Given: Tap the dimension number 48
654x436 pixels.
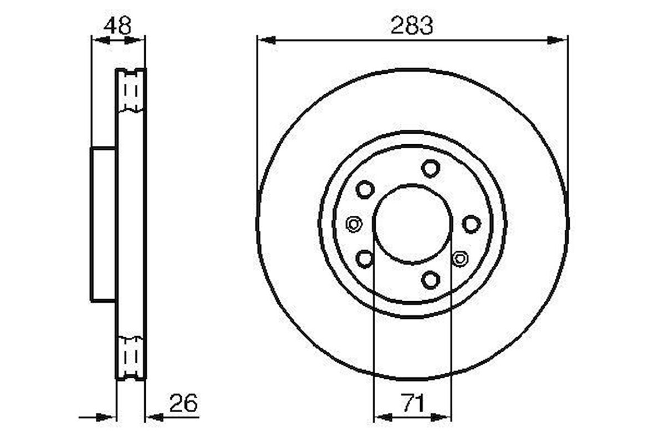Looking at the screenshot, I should pyautogui.click(x=117, y=26).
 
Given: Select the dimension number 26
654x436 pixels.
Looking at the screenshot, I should pyautogui.click(x=183, y=403).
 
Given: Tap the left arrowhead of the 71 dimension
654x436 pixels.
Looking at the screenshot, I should pyautogui.click(x=382, y=417).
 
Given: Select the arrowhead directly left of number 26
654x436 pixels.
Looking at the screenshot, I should pyautogui.click(x=154, y=417).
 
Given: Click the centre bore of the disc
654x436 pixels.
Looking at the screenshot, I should pyautogui.click(x=412, y=224).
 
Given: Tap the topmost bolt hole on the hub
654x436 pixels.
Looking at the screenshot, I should pyautogui.click(x=430, y=168).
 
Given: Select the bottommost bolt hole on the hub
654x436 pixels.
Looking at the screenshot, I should pyautogui.click(x=430, y=279).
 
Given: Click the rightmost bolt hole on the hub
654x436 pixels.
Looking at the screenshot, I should pyautogui.click(x=471, y=224).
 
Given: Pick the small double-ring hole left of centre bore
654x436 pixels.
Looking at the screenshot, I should pyautogui.click(x=353, y=224).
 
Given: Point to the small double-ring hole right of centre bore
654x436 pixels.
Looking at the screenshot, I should pyautogui.click(x=459, y=257).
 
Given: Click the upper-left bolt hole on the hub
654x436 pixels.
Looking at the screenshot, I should pyautogui.click(x=365, y=190).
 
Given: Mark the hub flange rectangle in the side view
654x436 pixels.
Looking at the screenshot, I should pyautogui.click(x=104, y=224).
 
